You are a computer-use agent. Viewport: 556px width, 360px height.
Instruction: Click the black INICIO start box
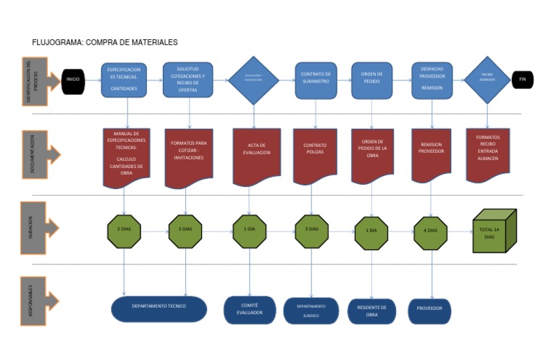(73, 79)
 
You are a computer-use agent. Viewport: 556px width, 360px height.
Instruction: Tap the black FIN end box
(522, 79)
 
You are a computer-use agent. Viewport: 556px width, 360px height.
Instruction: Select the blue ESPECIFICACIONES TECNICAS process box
(124, 80)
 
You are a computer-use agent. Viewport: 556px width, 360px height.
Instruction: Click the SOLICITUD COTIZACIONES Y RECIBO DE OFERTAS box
(188, 80)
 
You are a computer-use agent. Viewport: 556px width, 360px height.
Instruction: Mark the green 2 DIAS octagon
(124, 230)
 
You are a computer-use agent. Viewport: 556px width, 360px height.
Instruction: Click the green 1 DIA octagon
(250, 230)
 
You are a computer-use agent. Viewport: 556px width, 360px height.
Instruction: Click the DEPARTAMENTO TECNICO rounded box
(159, 307)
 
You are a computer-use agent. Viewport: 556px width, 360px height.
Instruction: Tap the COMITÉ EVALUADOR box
(250, 309)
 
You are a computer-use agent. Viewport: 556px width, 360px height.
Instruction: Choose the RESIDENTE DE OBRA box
(371, 311)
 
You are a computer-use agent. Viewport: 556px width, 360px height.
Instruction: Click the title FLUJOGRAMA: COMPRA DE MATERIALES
(105, 43)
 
